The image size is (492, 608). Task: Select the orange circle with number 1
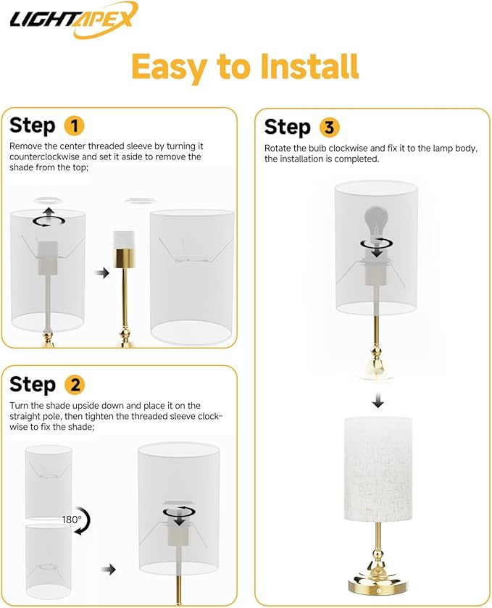pos(74,125)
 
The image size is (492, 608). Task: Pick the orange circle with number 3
pos(328,128)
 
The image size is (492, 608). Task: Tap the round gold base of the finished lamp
pos(378,581)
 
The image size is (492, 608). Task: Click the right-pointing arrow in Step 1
pos(103,273)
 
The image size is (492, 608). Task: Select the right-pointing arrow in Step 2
pos(108,570)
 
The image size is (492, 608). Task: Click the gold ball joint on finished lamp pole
pos(378,558)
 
